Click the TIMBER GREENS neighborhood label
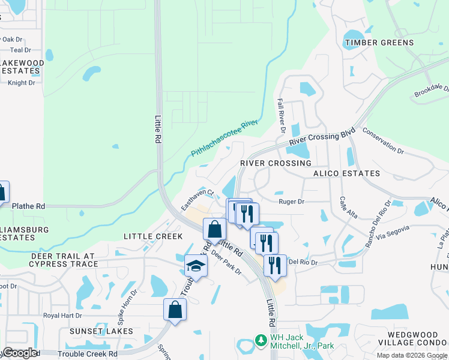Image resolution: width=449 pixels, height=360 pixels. point(379,43)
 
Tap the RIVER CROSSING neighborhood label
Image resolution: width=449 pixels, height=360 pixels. point(276,163)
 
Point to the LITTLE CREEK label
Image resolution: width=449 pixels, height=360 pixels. point(152,236)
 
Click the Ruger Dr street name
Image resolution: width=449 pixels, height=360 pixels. point(292,202)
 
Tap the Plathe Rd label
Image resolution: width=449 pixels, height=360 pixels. point(28,206)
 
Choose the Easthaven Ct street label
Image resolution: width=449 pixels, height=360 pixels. point(197,200)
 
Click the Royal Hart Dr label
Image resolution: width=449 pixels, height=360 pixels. point(61,315)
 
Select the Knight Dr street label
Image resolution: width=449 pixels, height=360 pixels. point(22,83)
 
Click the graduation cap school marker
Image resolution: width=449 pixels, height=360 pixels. point(196,266)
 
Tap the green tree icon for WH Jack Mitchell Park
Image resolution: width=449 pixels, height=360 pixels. point(261,340)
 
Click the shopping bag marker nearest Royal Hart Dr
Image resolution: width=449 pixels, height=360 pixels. point(175,310)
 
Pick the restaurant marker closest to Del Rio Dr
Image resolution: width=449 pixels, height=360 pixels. point(275,264)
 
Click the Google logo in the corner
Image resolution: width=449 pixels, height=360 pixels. point(20,353)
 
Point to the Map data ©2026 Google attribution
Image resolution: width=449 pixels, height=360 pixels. point(411,355)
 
